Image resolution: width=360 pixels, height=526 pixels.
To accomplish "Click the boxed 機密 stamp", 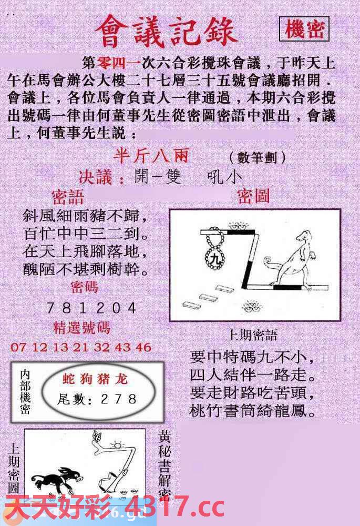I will point(304,29).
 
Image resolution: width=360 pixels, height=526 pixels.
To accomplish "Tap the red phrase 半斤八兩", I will point(150,156).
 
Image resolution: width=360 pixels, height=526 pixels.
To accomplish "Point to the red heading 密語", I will point(68,197).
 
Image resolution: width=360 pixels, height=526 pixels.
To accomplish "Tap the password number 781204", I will point(91,308).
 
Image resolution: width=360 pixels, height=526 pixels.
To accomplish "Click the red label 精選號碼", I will point(82,328).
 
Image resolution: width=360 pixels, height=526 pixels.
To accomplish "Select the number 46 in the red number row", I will point(143,347).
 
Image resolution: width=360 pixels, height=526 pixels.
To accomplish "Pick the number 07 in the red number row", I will point(18,347).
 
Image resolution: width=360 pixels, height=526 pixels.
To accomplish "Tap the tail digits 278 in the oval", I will point(125,399).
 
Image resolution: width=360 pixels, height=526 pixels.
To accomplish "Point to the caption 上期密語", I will point(252,335).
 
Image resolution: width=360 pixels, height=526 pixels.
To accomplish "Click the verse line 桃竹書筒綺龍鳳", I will point(253,410).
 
